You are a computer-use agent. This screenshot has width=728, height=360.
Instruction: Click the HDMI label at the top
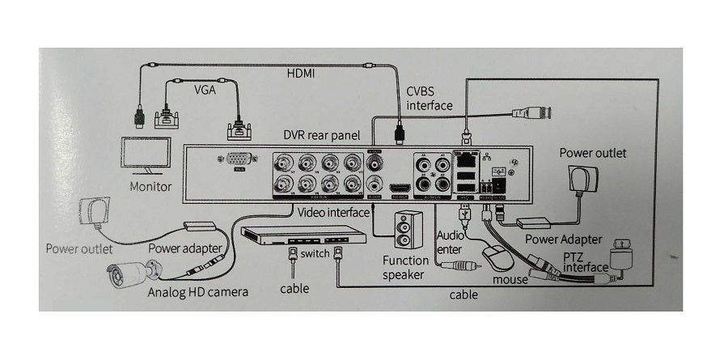301,73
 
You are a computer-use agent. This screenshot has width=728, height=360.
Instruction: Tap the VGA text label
205,92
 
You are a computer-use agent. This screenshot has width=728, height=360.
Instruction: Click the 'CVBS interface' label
430,99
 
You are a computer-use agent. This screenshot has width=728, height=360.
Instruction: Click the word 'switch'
314,254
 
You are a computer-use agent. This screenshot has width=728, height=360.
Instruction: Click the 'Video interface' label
333,213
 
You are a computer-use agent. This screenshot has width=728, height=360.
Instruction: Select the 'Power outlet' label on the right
592,152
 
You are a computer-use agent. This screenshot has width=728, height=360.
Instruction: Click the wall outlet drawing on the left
94,214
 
